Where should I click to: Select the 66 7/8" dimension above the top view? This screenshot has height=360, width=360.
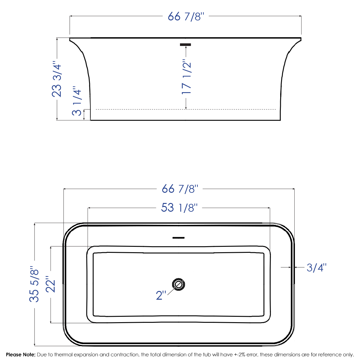click(x=180, y=189)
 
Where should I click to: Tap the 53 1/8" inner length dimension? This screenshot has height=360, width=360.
click(x=179, y=208)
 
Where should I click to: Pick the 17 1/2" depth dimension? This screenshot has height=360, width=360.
click(x=186, y=78)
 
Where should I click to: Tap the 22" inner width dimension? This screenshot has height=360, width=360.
click(x=51, y=284)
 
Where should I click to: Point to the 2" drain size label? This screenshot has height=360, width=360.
click(x=161, y=295)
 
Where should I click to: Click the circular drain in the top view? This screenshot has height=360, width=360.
click(x=179, y=284)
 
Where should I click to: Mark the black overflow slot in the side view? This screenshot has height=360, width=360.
click(x=185, y=45)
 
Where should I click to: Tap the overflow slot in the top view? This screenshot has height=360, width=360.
click(x=178, y=238)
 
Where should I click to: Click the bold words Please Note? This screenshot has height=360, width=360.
click(x=21, y=355)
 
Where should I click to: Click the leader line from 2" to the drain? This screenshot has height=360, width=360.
click(x=172, y=290)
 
